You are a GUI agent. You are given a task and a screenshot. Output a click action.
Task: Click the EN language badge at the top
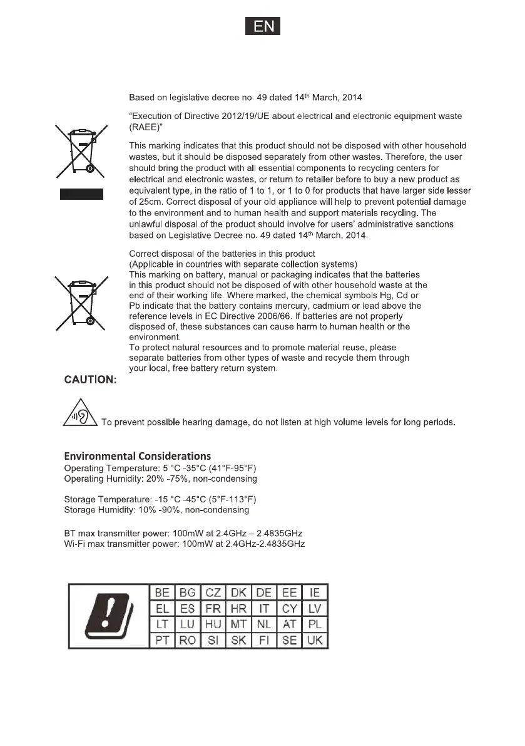pos(262,28)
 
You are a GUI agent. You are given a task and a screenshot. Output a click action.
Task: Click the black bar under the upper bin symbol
pos(81,194)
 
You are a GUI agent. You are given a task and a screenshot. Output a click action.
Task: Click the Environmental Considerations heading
pos(138,456)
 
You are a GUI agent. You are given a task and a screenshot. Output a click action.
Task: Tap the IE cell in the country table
pos(315,593)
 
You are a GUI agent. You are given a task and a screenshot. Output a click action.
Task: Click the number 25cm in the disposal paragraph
pos(150,202)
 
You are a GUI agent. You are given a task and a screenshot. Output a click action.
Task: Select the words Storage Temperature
pos(106,499)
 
